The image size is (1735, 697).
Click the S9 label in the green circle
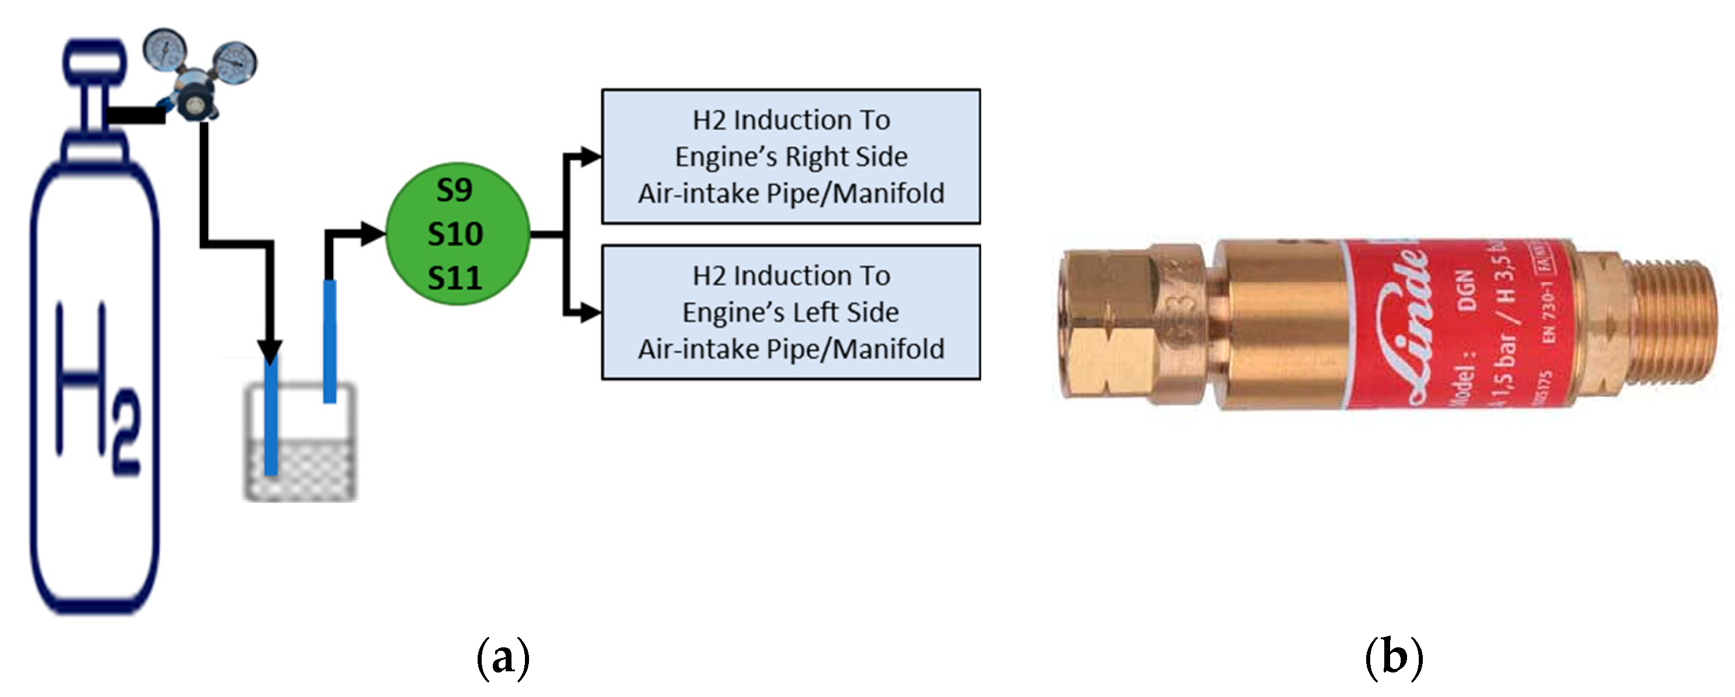click(x=454, y=190)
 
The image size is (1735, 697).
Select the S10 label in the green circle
click(x=455, y=234)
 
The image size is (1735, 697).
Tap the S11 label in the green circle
click(x=455, y=278)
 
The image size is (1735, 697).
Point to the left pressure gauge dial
click(x=164, y=49)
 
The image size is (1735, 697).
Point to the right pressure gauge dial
click(x=235, y=63)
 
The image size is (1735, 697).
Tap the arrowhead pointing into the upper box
click(x=590, y=157)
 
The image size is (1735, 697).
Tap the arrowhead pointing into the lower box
click(x=590, y=313)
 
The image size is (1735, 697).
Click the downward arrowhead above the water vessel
click(x=270, y=352)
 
